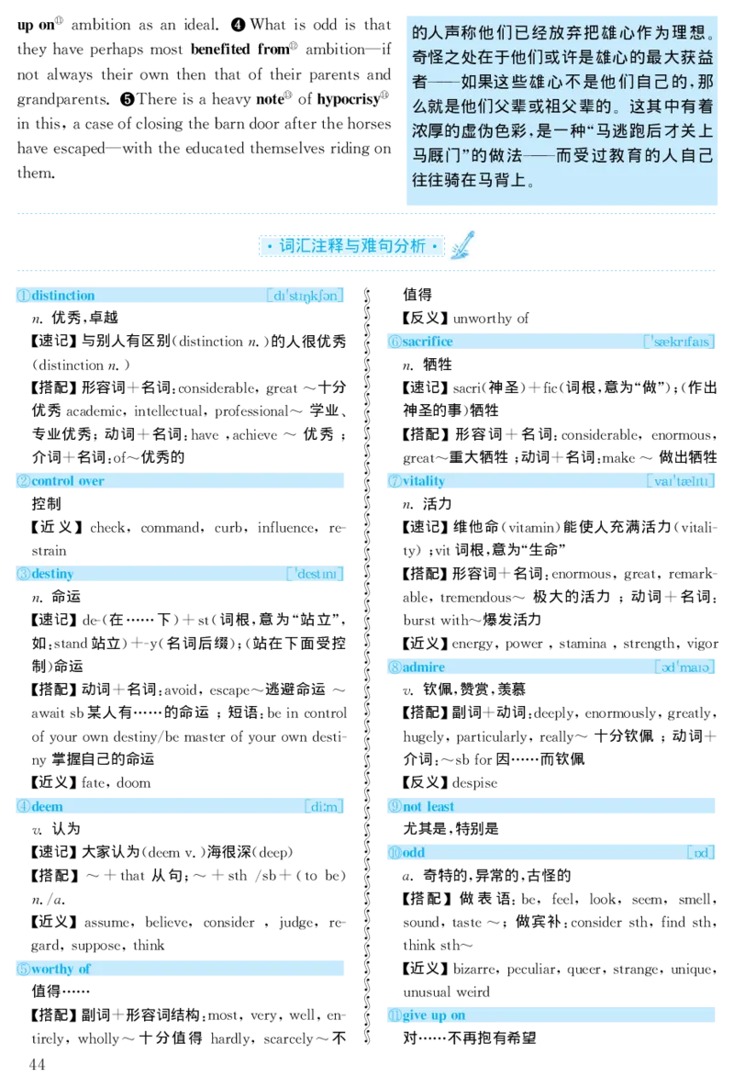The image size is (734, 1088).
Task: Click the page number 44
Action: tap(37, 1064)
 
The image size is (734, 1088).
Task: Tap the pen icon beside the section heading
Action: tap(462, 245)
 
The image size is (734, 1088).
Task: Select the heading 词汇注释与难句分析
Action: tap(352, 246)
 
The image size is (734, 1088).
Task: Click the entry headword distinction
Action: tap(63, 296)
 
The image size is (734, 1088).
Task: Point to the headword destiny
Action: tap(52, 574)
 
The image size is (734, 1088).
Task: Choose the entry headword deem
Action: tap(47, 806)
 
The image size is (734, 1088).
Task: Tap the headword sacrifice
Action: tap(427, 342)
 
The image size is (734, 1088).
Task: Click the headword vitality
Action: tap(424, 481)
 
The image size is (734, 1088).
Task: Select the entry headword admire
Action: tap(424, 667)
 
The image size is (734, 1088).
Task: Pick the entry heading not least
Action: tap(428, 806)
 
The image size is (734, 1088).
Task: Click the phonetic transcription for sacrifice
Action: tap(678, 342)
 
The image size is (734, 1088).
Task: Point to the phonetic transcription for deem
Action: tap(324, 806)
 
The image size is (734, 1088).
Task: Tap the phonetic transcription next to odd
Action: tap(701, 852)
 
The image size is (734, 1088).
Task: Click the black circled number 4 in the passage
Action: tap(239, 25)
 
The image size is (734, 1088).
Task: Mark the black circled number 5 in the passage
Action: tap(128, 99)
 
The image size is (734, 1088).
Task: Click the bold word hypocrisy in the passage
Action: tap(348, 100)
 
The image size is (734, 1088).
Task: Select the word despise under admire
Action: tap(474, 782)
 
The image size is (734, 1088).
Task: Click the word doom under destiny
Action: tap(134, 782)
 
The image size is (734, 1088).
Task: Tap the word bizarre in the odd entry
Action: tap(474, 969)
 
